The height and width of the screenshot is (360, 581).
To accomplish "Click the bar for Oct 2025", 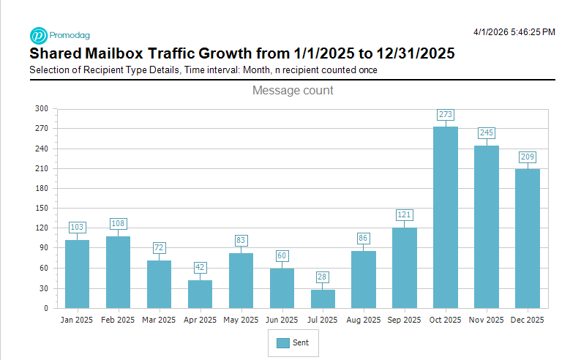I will [x=446, y=217].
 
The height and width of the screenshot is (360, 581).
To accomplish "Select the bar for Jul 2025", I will [x=323, y=299].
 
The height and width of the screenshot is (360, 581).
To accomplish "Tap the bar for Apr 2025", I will [x=200, y=294].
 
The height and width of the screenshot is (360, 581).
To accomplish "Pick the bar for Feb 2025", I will [x=118, y=272].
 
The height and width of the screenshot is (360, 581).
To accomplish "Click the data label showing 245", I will [x=487, y=133].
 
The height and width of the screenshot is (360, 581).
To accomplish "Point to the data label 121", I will [x=405, y=215].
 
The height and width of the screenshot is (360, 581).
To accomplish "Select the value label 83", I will [x=241, y=240].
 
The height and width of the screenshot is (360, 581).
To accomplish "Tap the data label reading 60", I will [x=282, y=255].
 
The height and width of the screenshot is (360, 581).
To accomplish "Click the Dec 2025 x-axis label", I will [x=528, y=320].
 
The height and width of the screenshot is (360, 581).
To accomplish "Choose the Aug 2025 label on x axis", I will [x=364, y=320].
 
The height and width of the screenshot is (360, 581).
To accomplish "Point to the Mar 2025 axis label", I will [x=159, y=320].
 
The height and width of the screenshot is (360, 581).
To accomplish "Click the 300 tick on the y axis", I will [x=42, y=109].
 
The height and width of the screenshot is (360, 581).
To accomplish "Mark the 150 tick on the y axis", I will [x=42, y=209].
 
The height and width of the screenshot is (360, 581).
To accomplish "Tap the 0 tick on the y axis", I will [x=45, y=308].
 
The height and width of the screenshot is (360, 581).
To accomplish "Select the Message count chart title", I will [x=293, y=91].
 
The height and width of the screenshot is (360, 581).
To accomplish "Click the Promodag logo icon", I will [x=38, y=35].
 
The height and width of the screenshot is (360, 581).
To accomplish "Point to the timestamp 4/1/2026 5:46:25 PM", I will [x=514, y=32].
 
